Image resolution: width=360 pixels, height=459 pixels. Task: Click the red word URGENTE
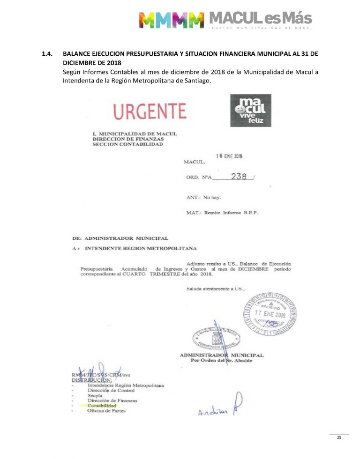[x=150, y=111]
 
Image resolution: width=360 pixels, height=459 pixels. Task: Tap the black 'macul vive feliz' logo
[x=253, y=111]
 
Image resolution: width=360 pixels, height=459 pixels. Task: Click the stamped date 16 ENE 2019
[x=229, y=156]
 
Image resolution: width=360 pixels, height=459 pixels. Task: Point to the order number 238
[x=239, y=177]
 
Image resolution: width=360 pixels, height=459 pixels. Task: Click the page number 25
[x=338, y=437]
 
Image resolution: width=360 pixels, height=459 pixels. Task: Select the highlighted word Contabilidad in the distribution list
[x=102, y=406]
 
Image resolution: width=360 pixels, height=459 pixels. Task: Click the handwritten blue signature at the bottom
[x=219, y=411]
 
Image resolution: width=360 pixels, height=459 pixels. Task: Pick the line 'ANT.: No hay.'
[x=203, y=197]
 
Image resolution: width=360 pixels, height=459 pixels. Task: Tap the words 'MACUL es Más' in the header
[x=260, y=19]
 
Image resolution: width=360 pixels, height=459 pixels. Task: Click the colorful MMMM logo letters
[x=172, y=20]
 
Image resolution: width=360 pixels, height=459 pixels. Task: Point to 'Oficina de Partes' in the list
[x=106, y=411]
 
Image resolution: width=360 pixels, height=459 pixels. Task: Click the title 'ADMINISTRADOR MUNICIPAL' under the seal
[x=221, y=355]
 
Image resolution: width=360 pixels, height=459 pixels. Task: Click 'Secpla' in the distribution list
[x=96, y=395]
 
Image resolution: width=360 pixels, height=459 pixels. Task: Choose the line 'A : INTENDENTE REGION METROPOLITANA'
[x=135, y=248]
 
